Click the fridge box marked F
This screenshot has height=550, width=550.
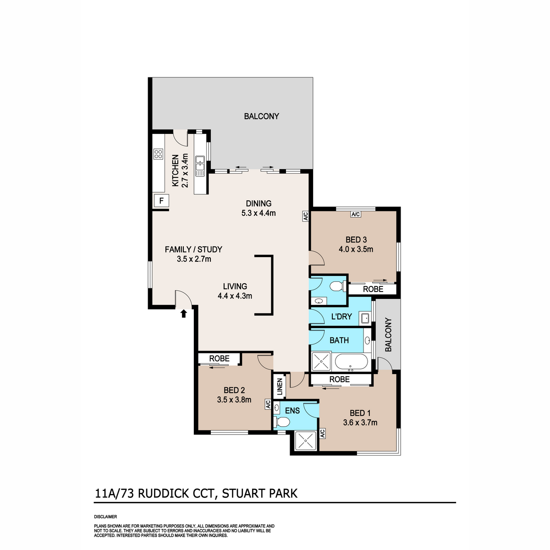pos(161,201)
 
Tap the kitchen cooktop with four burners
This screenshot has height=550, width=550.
pos(159,154)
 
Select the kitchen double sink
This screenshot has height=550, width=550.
pos(200,166)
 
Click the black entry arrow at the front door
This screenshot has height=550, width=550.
pos(183,313)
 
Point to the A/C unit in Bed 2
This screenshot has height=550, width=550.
pos(268,404)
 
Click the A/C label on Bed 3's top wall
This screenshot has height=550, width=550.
pos(356,214)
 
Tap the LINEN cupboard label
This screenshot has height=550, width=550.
pos(280,387)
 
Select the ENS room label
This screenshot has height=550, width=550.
pos(292,410)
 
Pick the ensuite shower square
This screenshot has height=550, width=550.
pos(305,441)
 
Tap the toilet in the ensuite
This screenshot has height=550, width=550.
pos(281,422)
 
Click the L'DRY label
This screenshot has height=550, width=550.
pos(341,317)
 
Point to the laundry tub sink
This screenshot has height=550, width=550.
pos(365,318)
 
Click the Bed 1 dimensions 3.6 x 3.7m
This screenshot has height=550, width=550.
pos(360,423)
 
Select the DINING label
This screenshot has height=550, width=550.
pos(258,203)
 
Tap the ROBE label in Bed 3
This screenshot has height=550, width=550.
pos(373,289)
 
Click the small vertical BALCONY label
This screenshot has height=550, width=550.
pos(388,335)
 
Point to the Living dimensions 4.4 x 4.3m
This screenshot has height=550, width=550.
pos(235,296)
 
